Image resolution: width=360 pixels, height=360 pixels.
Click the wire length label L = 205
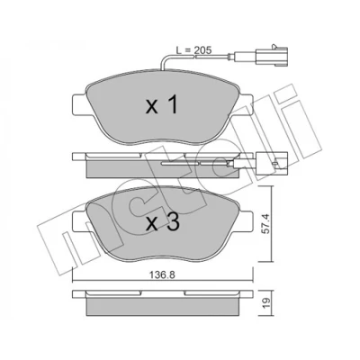[x=193, y=50]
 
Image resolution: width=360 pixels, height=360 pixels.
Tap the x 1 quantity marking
[x=162, y=105]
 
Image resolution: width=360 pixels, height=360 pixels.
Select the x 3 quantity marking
[x=163, y=222]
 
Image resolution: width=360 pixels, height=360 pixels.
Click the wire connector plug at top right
[x=272, y=56]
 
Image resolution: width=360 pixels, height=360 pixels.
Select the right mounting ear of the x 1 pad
[x=244, y=104]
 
